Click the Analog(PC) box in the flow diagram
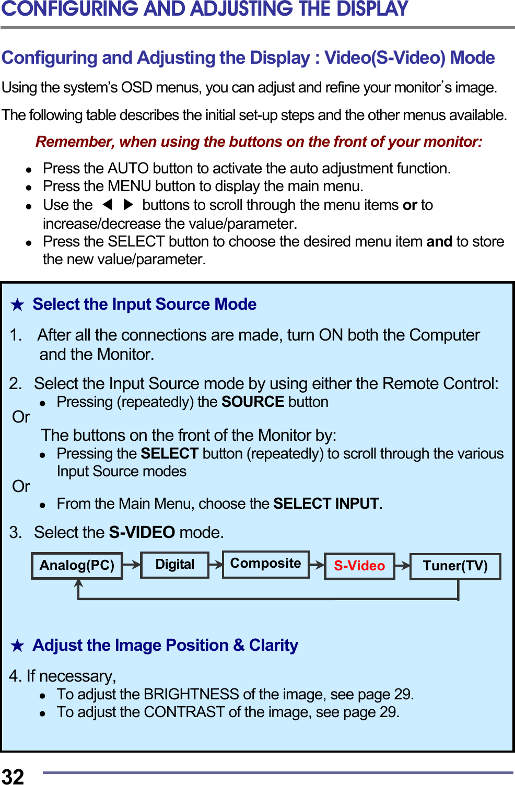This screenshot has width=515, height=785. click(x=77, y=566)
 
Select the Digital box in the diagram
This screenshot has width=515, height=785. click(x=174, y=565)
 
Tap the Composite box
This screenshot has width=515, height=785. click(x=265, y=564)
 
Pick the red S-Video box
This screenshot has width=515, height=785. click(x=359, y=566)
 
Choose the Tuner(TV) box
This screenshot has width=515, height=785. click(x=455, y=566)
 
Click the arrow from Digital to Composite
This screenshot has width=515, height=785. click(x=216, y=564)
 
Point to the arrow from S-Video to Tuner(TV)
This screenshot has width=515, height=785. click(x=402, y=565)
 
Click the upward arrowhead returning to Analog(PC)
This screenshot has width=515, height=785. click(x=79, y=584)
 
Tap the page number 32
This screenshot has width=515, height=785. click(x=13, y=777)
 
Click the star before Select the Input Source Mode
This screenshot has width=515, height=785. click(x=18, y=304)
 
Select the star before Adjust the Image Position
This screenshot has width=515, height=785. click(x=18, y=646)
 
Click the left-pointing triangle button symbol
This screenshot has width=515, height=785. click(x=108, y=204)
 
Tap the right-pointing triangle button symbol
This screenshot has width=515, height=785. click(x=128, y=204)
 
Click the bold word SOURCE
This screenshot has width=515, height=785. click(x=253, y=402)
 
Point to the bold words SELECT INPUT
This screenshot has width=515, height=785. click(x=326, y=503)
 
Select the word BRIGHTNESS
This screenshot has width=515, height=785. click(x=191, y=694)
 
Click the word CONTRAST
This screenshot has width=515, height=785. click(x=184, y=712)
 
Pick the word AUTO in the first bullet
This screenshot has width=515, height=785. click(x=128, y=168)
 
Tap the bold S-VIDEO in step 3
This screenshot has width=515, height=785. click(x=142, y=532)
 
